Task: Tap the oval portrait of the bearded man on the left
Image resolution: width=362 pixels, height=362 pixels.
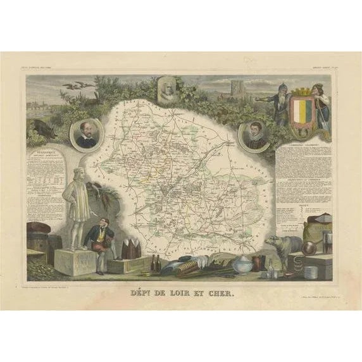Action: coord(86,134)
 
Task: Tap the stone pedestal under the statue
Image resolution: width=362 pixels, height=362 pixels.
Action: coord(75,261)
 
